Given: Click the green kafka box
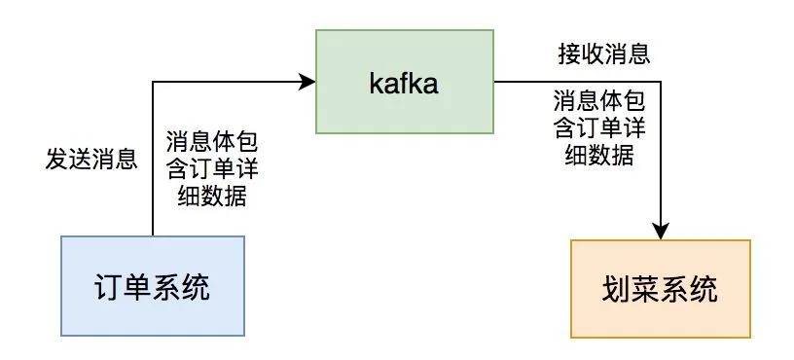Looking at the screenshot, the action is [405, 82].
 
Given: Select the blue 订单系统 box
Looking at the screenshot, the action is [153, 286].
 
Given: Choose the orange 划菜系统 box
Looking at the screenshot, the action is [661, 289].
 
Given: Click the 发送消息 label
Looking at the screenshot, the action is [91, 159].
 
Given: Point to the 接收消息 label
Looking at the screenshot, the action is [604, 54].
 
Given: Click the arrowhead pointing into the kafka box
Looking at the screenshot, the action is [307, 81].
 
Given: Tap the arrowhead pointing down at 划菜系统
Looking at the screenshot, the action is [661, 231].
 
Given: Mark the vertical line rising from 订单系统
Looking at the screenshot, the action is [153, 159].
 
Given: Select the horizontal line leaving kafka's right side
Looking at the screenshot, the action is [578, 81].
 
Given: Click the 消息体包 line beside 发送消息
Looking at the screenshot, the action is [212, 143].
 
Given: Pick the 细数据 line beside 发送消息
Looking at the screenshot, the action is [212, 196].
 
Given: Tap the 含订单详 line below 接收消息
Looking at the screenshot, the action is [600, 127].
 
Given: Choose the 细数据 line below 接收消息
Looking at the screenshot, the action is [599, 155].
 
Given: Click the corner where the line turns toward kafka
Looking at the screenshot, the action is [153, 81].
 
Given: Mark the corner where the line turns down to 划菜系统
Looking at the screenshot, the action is [661, 81].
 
